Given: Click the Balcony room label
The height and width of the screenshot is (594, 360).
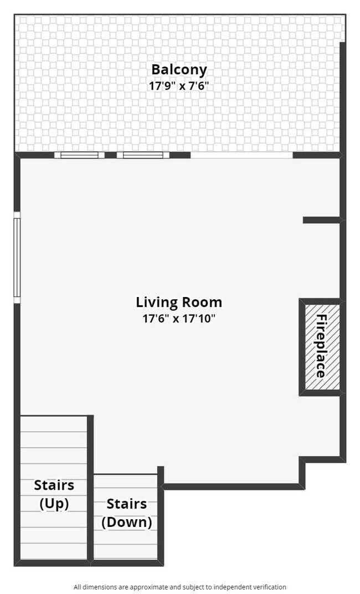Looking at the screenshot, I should point(179,70).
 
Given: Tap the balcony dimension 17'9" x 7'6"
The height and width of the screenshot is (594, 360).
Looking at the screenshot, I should point(179,86).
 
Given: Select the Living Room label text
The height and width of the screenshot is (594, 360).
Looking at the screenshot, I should point(179,302).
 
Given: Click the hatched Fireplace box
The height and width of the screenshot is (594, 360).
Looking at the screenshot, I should point(320,346).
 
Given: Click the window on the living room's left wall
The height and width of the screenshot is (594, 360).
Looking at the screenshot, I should point(17,257).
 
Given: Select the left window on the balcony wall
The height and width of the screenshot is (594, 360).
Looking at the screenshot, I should point(79,155).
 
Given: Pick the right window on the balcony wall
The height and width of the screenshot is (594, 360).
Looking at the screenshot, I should point(143,155).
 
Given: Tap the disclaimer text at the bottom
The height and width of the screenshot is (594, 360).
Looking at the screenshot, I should point(180,587).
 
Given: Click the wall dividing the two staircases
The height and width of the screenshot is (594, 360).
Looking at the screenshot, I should point(90,488).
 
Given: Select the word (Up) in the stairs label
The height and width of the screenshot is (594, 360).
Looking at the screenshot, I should point(54,504).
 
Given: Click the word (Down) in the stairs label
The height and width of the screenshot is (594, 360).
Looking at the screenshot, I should point(127,522).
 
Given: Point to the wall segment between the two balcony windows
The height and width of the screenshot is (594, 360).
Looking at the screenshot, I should point(111,155).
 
